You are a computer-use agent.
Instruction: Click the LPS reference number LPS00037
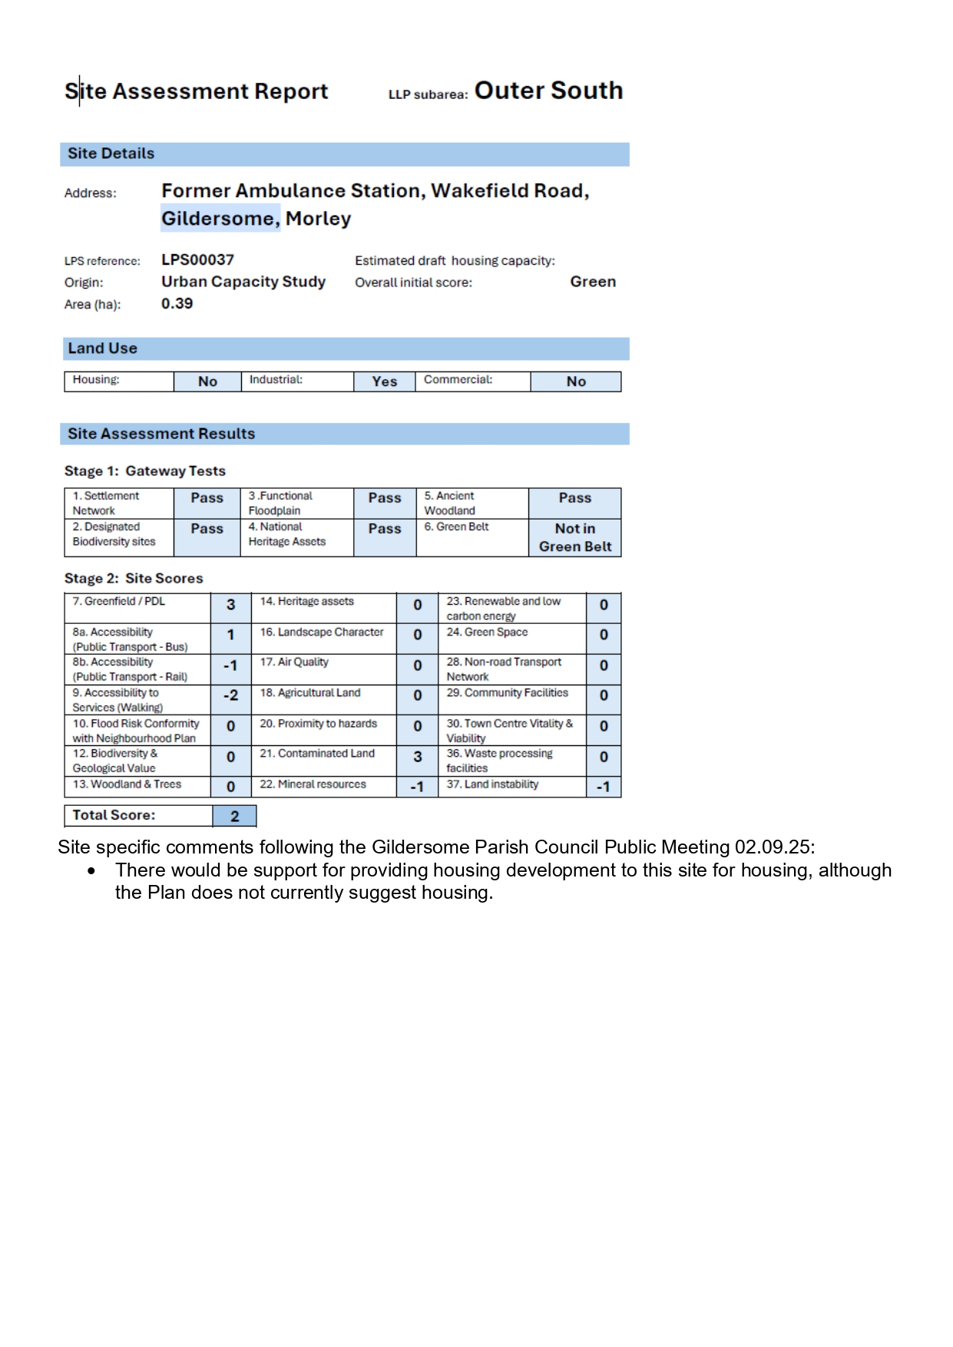point(197,260)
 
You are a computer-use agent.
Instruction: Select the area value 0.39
point(177,304)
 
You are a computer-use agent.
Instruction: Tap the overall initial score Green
point(592,282)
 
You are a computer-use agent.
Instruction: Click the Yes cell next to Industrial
point(384,381)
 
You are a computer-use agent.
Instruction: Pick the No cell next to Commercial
point(575,381)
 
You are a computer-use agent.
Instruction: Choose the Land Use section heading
point(103,348)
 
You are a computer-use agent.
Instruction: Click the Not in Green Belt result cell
point(574,537)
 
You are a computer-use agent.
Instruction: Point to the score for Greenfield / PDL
point(230,606)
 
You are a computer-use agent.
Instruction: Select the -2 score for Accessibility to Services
point(230,696)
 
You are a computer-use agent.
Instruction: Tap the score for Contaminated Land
point(417,757)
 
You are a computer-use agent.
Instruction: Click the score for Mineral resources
point(417,787)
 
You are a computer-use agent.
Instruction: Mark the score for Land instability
point(603,787)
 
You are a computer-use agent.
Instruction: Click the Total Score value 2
point(234,816)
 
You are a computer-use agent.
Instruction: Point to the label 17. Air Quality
point(294,662)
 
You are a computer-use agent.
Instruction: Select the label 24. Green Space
point(487,632)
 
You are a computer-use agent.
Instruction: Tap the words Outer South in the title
point(548,91)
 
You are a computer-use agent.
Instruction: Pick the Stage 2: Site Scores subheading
point(134,579)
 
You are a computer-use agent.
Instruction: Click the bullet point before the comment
point(92,871)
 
